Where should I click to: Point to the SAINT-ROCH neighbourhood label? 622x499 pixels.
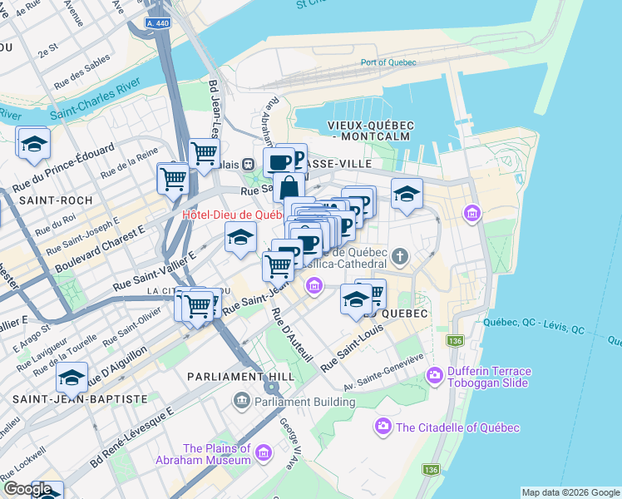click(49, 200)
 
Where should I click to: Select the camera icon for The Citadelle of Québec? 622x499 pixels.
click(383, 427)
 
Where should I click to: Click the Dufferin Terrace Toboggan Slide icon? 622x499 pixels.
click(434, 377)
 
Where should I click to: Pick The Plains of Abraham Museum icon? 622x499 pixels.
click(264, 453)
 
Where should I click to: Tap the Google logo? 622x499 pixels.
click(27, 489)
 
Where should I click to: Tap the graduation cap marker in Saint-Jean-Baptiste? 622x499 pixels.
click(72, 379)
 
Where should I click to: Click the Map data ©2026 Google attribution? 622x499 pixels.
click(570, 492)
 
